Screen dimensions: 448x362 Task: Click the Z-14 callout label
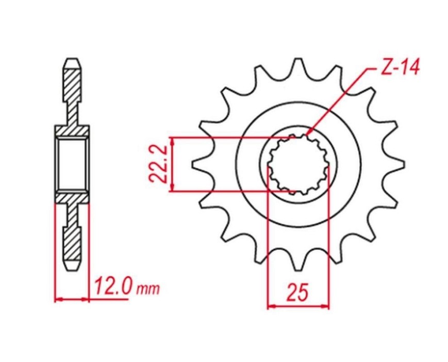400,68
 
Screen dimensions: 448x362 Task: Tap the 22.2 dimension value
158,164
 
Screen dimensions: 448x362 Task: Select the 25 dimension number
298,292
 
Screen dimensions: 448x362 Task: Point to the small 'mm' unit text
148,289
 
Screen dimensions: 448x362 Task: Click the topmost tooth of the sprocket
298,64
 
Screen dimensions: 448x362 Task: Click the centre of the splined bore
298,164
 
